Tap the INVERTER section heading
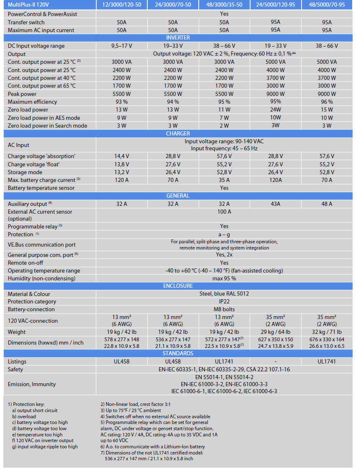178,38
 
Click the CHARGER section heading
178,133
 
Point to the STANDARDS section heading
178,353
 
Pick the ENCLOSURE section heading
178,286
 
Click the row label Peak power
22,94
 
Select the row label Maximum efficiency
32,102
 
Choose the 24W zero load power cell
275,110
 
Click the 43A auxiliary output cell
275,204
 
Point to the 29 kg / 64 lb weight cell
275,332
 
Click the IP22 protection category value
224,301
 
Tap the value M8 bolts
224,309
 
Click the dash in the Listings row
275,361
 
